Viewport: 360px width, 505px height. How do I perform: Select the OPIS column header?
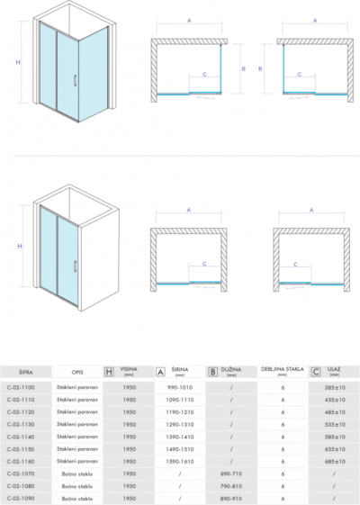pyautogui.click(x=78, y=371)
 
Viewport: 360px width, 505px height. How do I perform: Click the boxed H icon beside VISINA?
pyautogui.click(x=109, y=371)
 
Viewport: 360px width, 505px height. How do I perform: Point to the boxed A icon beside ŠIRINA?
pyautogui.click(x=160, y=371)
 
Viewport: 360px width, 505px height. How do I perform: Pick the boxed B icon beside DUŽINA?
pyautogui.click(x=212, y=371)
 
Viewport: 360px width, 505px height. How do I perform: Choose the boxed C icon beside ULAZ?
pyautogui.click(x=316, y=371)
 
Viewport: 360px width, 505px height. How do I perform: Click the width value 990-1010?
pyautogui.click(x=180, y=387)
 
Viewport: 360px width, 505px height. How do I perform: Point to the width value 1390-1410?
pyautogui.click(x=180, y=436)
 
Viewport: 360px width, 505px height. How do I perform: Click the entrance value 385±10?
pyautogui.click(x=334, y=387)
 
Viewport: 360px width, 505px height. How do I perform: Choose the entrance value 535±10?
pyautogui.click(x=334, y=423)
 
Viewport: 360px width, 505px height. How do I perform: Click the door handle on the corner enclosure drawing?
pyautogui.click(x=74, y=79)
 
